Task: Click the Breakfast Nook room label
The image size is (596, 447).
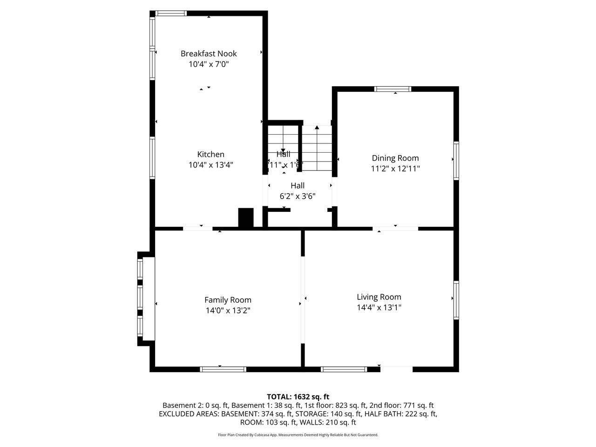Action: (209, 54)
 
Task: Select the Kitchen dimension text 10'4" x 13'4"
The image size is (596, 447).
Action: (210, 165)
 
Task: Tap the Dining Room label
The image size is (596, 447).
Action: (395, 158)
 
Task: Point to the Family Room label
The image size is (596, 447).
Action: (228, 300)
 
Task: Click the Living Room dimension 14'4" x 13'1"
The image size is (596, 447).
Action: (379, 308)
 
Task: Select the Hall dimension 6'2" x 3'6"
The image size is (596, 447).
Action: (298, 196)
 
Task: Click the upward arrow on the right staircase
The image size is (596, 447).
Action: (317, 127)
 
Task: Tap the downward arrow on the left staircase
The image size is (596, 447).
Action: (283, 150)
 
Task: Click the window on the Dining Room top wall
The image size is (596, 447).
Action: (393, 89)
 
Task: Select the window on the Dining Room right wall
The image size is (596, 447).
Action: (456, 161)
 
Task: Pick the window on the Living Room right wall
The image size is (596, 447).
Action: (456, 300)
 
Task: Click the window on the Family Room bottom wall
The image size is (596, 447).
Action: (223, 369)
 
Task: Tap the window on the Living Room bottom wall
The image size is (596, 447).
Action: (344, 369)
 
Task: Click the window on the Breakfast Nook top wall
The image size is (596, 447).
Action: (171, 14)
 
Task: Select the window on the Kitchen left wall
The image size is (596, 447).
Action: (152, 157)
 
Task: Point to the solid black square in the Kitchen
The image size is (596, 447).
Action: (245, 217)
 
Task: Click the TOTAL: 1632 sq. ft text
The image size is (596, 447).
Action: (298, 397)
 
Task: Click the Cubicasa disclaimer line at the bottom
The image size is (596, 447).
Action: (298, 435)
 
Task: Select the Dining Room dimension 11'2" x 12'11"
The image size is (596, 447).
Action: (395, 169)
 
